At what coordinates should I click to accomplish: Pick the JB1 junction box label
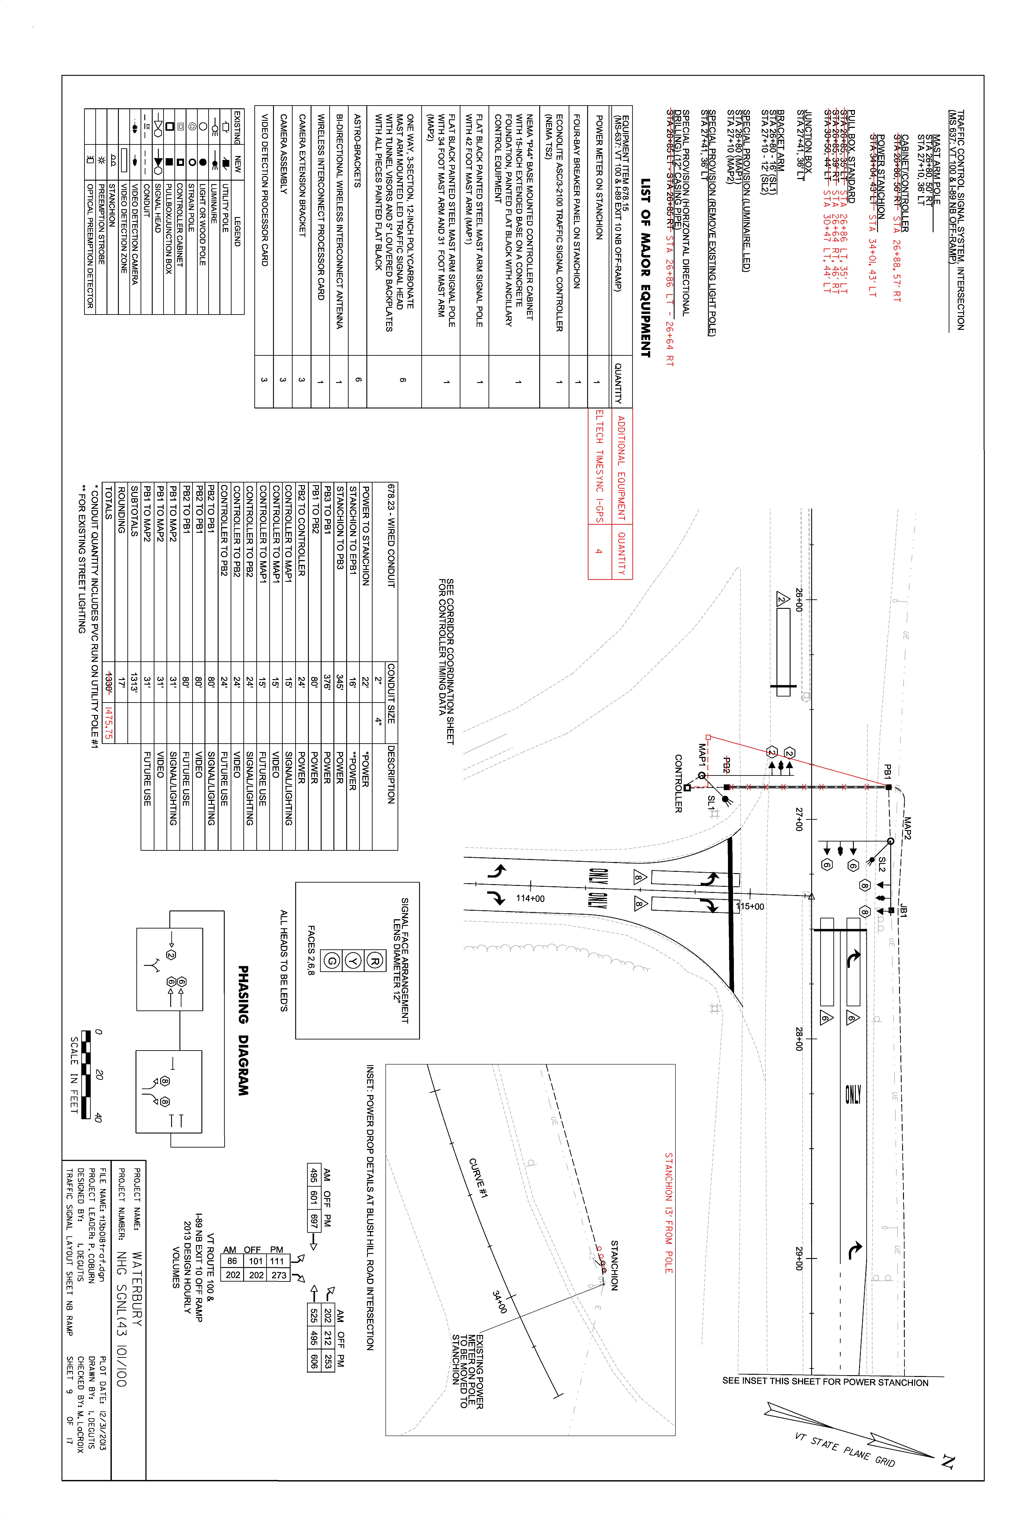(x=903, y=911)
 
